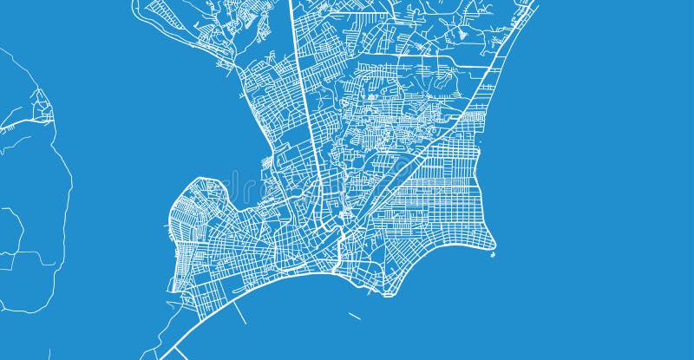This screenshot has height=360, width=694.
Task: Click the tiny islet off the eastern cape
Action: (x=493, y=255)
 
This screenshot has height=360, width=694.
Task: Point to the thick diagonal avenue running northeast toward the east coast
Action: (x=434, y=147)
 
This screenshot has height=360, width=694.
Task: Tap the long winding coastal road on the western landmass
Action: (x=66, y=200)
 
